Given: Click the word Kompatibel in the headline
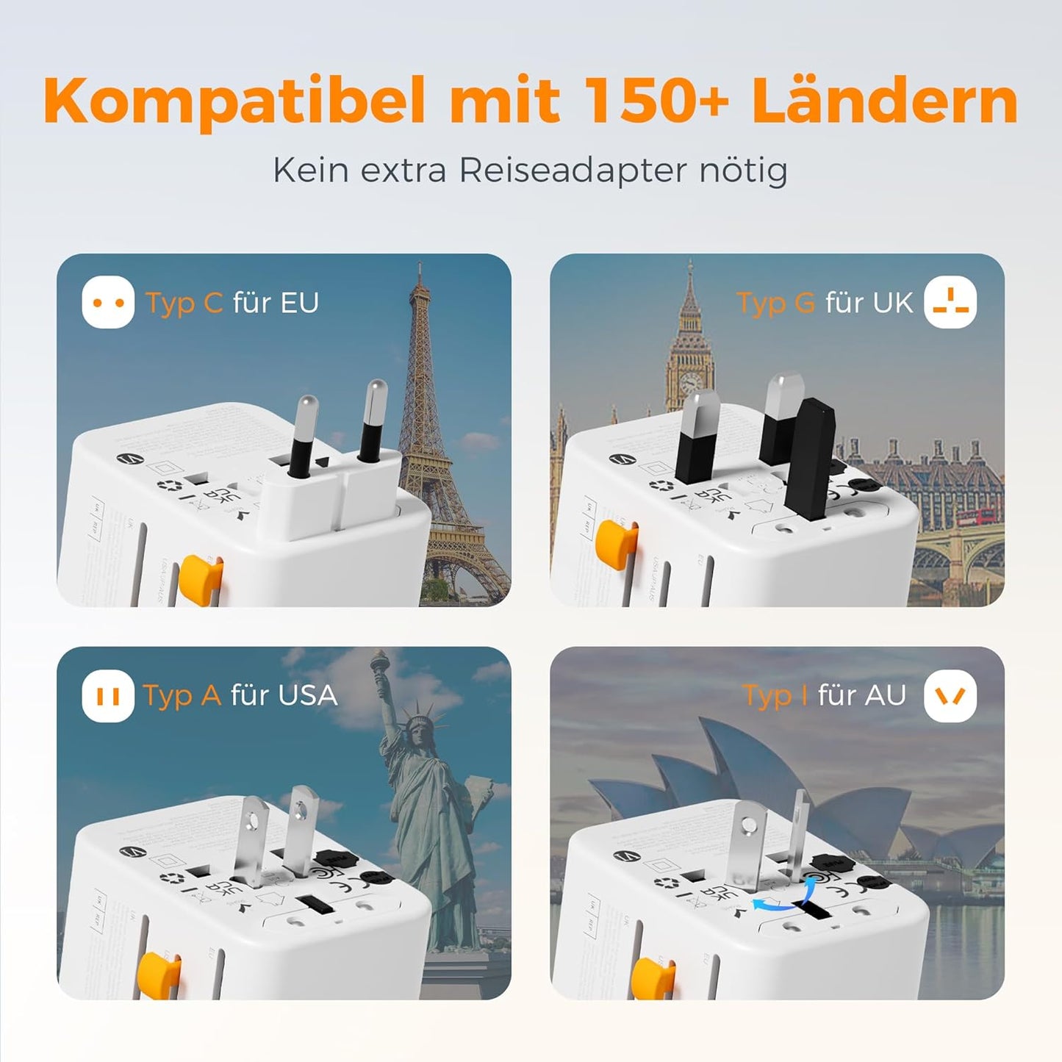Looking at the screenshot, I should pyautogui.click(x=234, y=101).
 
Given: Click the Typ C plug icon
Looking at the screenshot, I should pyautogui.click(x=108, y=302).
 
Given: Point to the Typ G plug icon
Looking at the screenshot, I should pyautogui.click(x=950, y=302).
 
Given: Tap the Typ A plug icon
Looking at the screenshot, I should pyautogui.click(x=108, y=695).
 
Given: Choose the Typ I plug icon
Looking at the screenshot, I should pyautogui.click(x=950, y=695).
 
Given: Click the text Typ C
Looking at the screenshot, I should pyautogui.click(x=184, y=303).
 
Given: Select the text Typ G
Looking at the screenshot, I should pyautogui.click(x=775, y=303).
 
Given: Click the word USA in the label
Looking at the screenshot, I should pyautogui.click(x=308, y=695).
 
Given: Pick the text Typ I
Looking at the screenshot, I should pyautogui.click(x=775, y=695).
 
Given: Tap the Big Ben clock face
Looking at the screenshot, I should pyautogui.click(x=690, y=383).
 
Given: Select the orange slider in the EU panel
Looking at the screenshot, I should pyautogui.click(x=200, y=574).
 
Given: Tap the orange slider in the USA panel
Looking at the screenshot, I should pyautogui.click(x=159, y=974).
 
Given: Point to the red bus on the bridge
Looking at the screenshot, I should pyautogui.click(x=977, y=517).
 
